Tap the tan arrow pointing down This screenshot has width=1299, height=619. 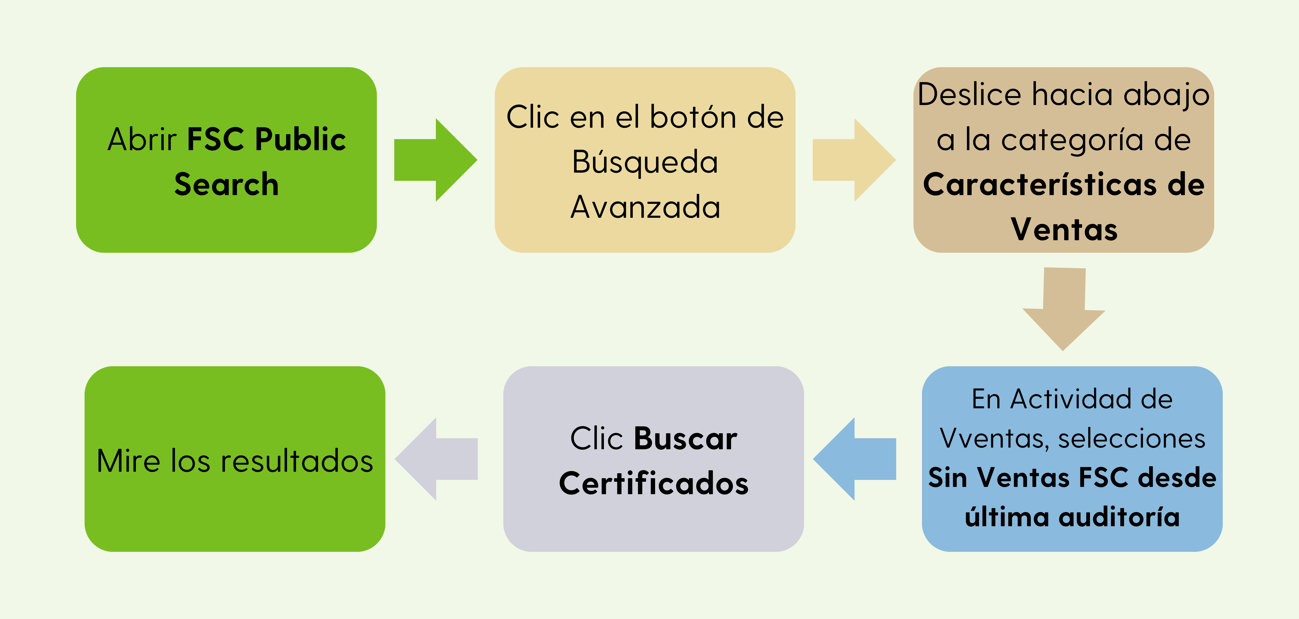tap(1064, 309)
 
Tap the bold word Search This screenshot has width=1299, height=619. tap(226, 184)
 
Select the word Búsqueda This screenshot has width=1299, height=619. tap(645, 162)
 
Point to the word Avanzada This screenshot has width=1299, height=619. tap(645, 207)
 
